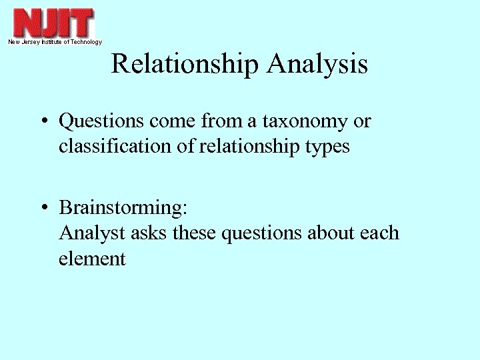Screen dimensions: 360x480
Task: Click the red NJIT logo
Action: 53,23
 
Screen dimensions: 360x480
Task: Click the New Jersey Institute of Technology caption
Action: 55,42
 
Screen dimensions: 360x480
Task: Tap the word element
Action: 92,259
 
